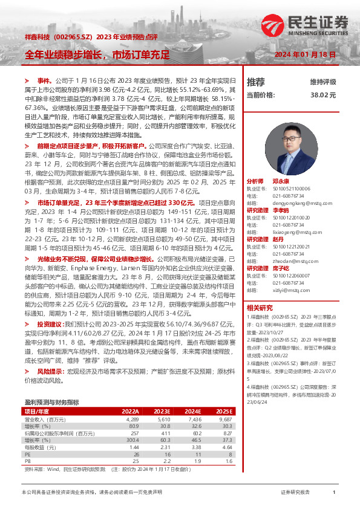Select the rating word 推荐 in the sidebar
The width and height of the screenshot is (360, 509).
point(256,82)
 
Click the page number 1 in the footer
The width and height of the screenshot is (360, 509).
point(334,493)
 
